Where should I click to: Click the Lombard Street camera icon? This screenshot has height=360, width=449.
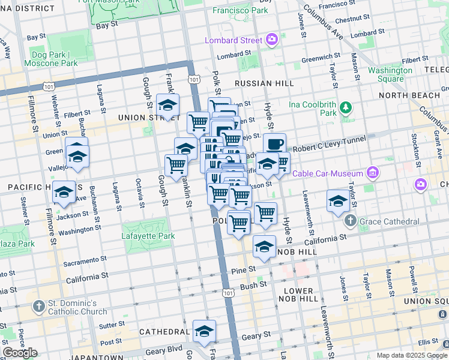point(271,40)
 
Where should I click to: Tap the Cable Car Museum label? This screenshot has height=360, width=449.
point(330,173)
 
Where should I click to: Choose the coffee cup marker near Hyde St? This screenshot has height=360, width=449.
point(274,144)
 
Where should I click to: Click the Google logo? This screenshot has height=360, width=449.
point(20,353)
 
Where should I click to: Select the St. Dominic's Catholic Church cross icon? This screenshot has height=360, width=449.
point(38,307)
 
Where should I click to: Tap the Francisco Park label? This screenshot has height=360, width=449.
point(259,10)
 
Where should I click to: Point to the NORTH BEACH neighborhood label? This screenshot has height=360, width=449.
point(418,95)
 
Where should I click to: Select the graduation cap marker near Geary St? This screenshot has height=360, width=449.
point(204,331)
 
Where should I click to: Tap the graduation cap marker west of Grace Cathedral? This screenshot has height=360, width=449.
point(338,201)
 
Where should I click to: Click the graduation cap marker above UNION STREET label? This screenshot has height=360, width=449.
point(167,105)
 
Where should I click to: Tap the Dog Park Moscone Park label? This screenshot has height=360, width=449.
point(51,58)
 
